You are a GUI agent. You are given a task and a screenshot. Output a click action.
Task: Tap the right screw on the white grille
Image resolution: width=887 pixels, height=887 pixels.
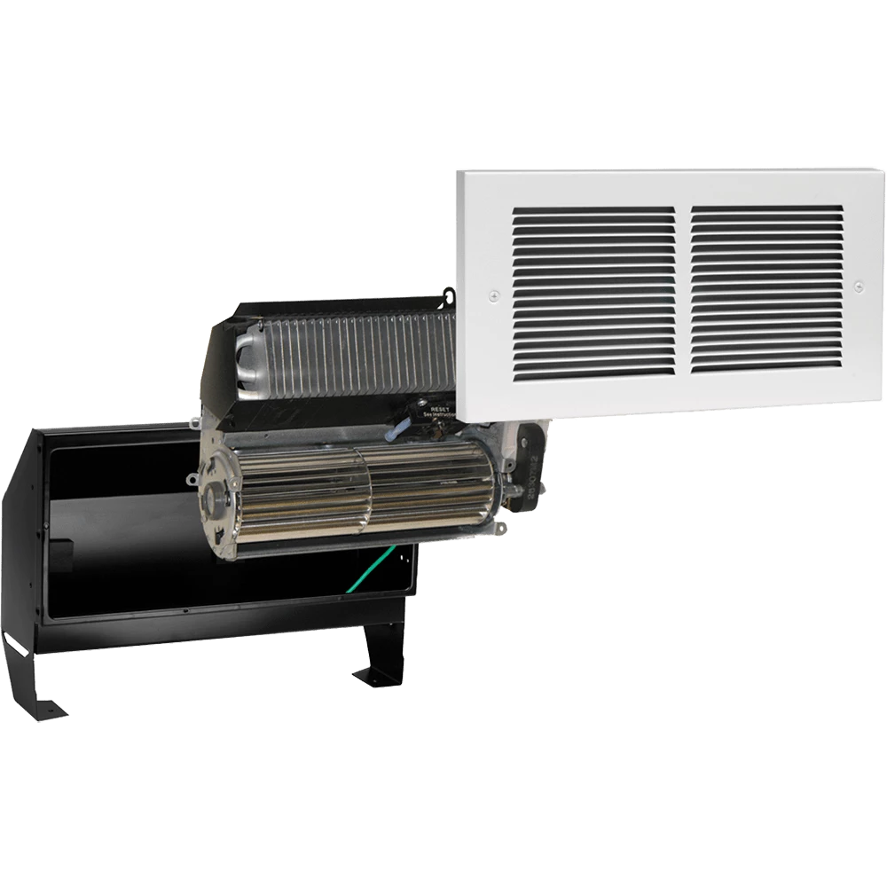click(x=858, y=286)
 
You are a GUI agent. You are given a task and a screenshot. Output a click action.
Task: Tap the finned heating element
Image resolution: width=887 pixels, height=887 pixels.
click(x=355, y=355)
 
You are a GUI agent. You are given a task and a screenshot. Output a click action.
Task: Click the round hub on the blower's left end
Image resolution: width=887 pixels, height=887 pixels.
click(x=215, y=499)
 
